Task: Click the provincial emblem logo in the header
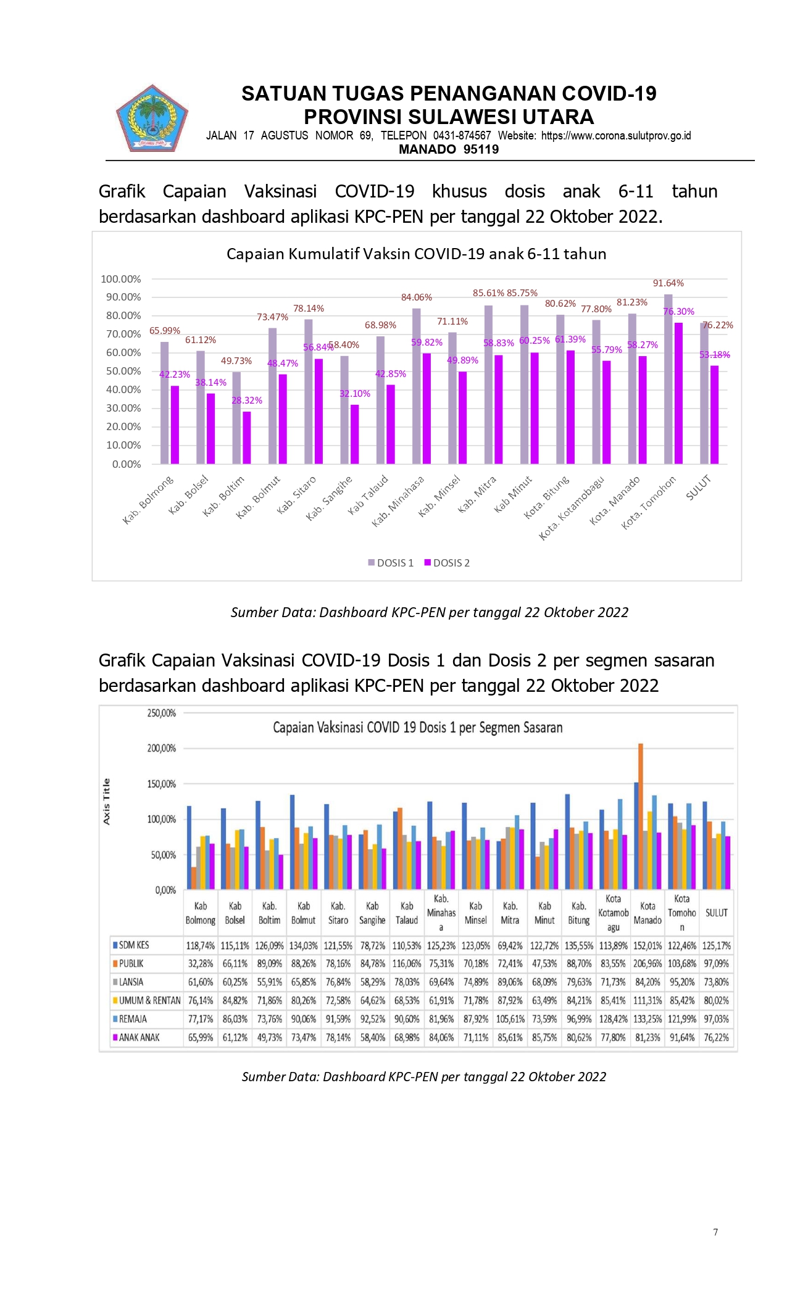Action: (x=152, y=119)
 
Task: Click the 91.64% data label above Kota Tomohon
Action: (x=668, y=283)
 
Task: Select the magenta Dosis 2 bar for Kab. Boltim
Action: (x=247, y=438)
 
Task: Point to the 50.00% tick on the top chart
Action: (x=123, y=371)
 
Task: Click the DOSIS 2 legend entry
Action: (x=447, y=563)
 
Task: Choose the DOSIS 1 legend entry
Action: (x=391, y=563)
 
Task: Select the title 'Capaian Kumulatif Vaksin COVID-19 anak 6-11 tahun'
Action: (x=417, y=254)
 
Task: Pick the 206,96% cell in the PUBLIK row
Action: (x=648, y=963)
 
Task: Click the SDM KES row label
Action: (x=131, y=945)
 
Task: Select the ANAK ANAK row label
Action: (x=136, y=1037)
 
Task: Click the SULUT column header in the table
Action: (x=717, y=913)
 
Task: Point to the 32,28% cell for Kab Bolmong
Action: (x=201, y=963)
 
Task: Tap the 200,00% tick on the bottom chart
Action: (x=162, y=749)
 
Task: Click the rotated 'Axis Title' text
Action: (x=107, y=801)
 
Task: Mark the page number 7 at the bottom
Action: (x=715, y=1232)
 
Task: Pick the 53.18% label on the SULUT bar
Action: (x=715, y=355)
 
